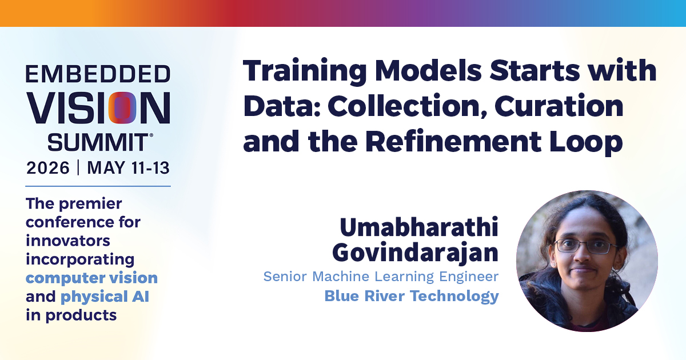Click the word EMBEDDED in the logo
(x=98, y=74)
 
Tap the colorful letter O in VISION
(x=122, y=108)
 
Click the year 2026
(x=48, y=168)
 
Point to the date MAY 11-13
(x=128, y=168)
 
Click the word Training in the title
(x=305, y=71)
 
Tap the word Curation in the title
(x=559, y=106)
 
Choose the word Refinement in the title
(x=453, y=141)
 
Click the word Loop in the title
(x=586, y=142)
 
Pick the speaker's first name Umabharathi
(x=419, y=227)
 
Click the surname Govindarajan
(x=415, y=254)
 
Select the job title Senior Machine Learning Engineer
(x=381, y=277)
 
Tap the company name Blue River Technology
(x=412, y=297)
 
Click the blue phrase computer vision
(x=91, y=278)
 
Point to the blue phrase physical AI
(x=105, y=297)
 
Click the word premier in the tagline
(x=90, y=204)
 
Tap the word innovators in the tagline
(x=67, y=241)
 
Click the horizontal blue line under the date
(x=98, y=186)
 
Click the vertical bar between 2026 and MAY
(x=78, y=167)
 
